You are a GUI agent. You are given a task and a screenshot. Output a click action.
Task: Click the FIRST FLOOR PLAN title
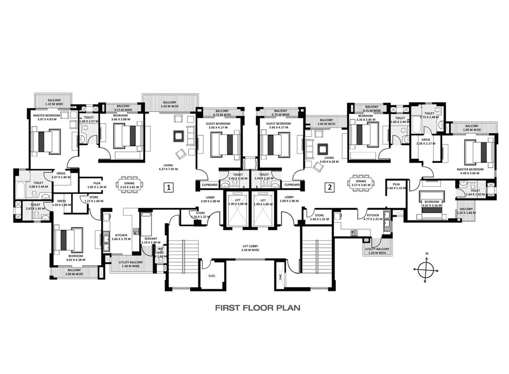coord(258,308)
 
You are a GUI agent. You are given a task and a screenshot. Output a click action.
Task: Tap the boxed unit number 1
coord(168,187)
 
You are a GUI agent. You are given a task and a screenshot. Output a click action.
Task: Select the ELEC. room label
coord(212,276)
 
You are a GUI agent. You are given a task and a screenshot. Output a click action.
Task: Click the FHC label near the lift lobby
coord(280,277)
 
